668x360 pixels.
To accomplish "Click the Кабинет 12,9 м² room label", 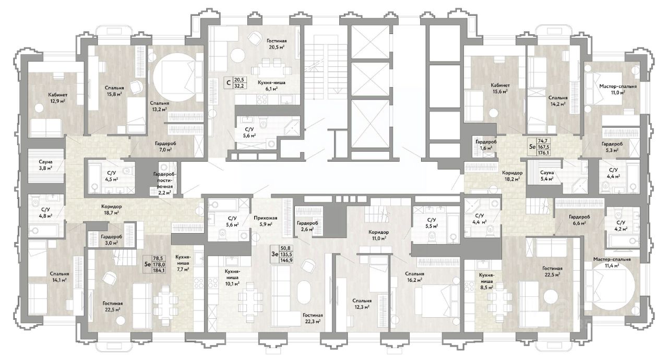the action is coord(57,98).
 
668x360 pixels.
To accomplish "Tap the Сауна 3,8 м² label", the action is coord(45,165).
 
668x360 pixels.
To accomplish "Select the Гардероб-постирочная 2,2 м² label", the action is coord(164,183).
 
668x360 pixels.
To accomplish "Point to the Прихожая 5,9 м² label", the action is coord(266,221).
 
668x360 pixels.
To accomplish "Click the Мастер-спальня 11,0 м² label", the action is coord(618,89).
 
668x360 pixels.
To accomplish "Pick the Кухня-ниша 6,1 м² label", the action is coord(271,86).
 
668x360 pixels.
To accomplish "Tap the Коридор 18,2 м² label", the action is coord(512,176).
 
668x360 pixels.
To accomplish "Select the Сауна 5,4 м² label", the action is coord(547,175).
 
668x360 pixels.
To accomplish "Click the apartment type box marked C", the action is coord(229,82).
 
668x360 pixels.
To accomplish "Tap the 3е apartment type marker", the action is coord(275,254).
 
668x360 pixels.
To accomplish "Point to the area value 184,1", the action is coord(159,270).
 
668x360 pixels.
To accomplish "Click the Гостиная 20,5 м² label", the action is coord(277,44).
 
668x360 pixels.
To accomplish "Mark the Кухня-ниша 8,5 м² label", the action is coord(486,281).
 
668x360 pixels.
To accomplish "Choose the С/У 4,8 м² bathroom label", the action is coord(47,212).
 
